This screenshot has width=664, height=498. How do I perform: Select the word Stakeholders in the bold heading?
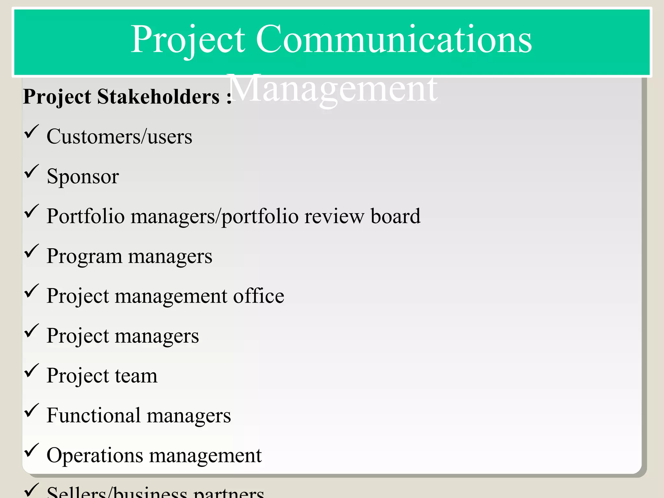(x=158, y=97)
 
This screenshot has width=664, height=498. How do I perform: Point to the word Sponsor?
(x=83, y=177)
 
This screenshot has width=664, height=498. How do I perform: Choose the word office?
(x=258, y=296)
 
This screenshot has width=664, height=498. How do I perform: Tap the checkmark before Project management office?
(x=31, y=291)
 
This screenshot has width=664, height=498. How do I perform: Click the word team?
(x=136, y=376)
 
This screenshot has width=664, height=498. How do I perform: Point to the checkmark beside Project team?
(x=31, y=371)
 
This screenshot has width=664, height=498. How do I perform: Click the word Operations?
(x=95, y=456)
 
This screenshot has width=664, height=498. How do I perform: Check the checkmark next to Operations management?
(x=31, y=450)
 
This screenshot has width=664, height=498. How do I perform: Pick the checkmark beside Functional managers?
(x=31, y=410)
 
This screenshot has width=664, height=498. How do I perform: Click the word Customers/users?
(x=119, y=136)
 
